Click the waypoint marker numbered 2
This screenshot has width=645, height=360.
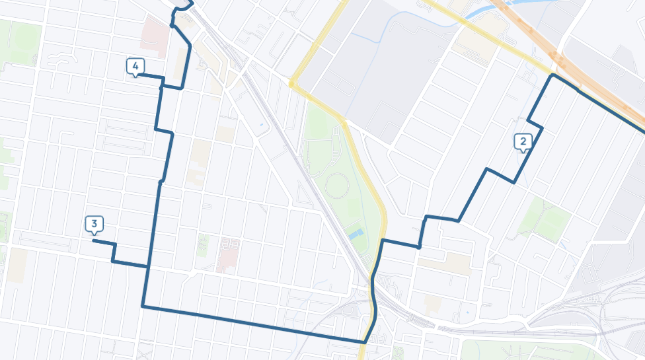523,141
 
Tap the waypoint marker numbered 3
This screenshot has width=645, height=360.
95,225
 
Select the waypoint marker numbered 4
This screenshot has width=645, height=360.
135,67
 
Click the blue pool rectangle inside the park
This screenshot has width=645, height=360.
355,234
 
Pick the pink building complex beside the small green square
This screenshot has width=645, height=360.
227,254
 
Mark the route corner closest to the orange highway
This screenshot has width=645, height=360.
553,76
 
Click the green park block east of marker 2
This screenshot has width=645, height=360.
545,218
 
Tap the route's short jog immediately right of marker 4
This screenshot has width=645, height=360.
171,87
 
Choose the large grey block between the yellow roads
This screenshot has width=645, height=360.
377,66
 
